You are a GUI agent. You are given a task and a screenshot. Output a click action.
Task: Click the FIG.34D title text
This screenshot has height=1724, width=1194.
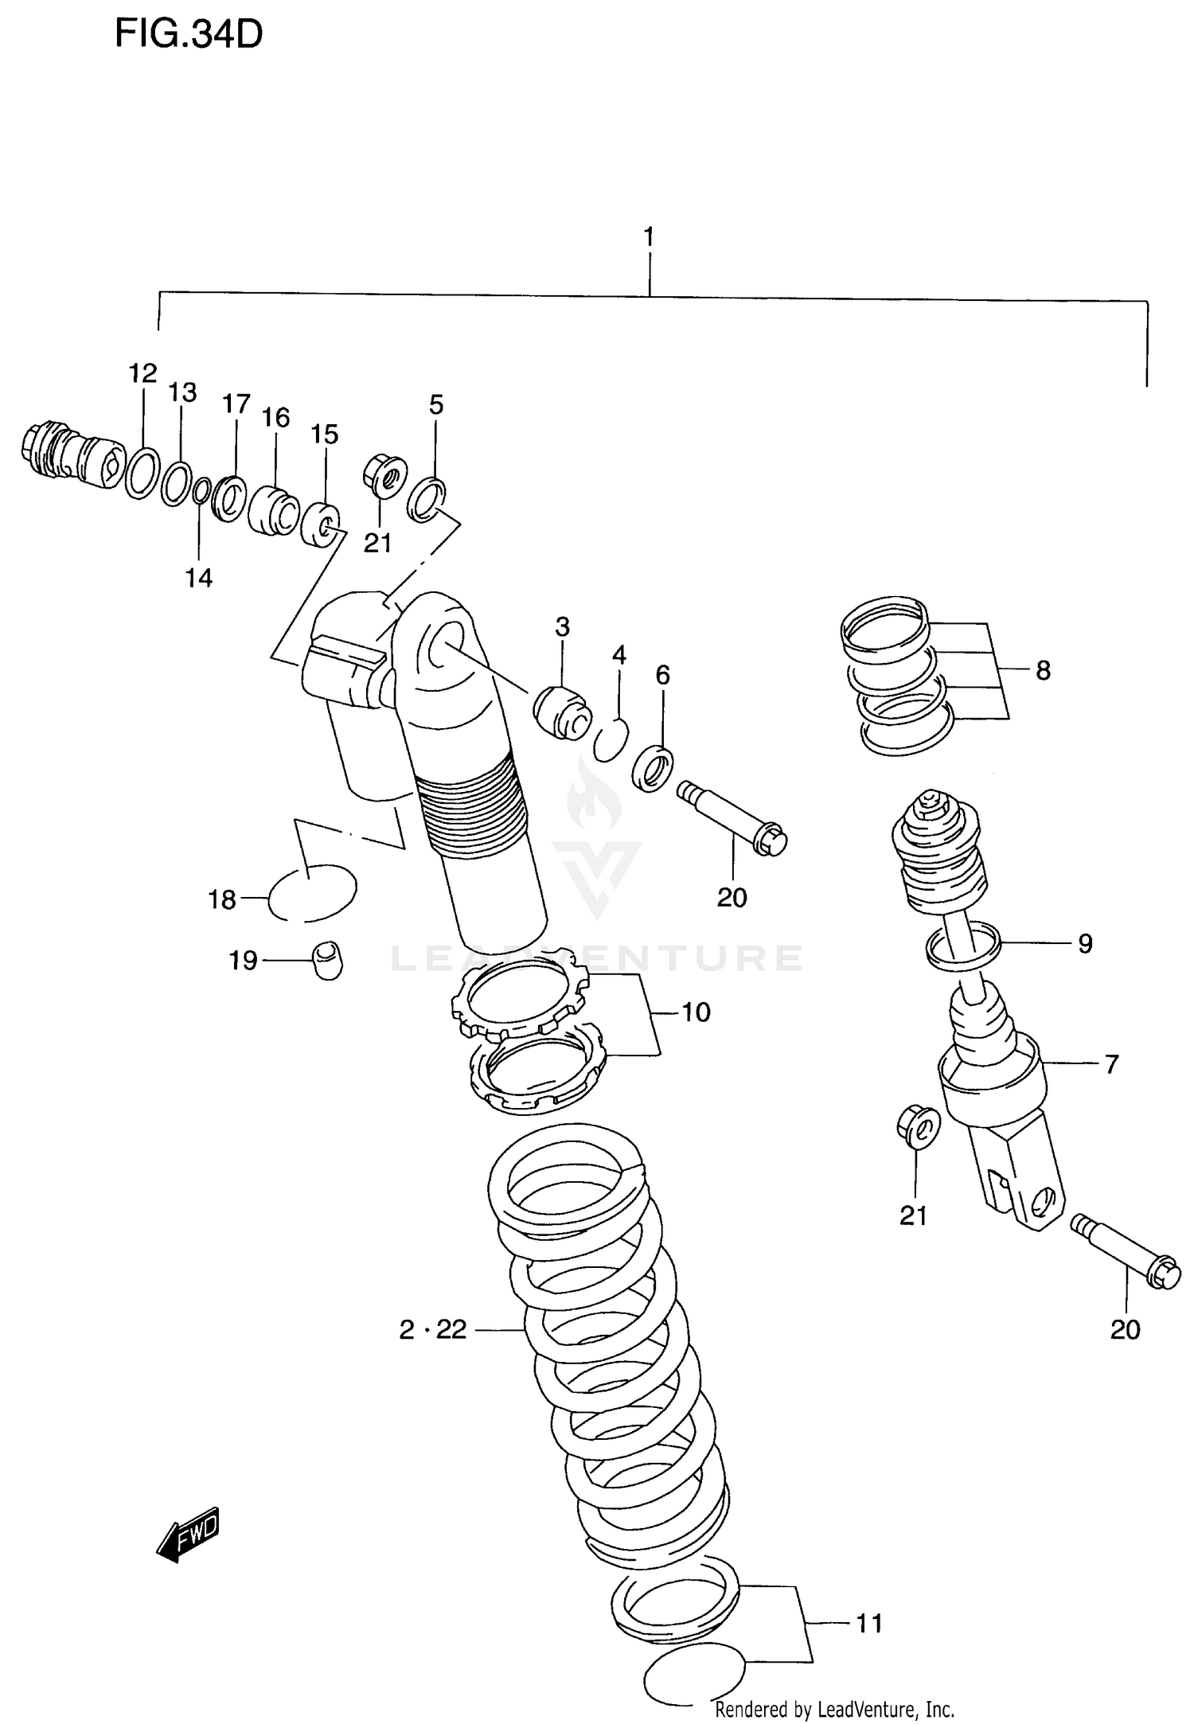pos(189,35)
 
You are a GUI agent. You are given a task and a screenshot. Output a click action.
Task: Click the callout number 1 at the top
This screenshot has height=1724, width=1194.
pos(649,237)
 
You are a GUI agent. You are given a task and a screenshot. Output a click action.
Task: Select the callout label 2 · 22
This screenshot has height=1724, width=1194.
pos(433,1329)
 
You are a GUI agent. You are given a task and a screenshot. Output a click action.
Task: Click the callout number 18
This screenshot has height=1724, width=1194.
pos(222,899)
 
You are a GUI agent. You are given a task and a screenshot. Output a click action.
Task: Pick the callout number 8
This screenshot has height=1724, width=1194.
pos(1043,670)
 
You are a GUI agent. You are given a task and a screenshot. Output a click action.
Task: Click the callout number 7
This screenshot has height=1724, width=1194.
pos(1112,1063)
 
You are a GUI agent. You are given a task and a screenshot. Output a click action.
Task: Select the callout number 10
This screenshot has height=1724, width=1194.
pos(696,1012)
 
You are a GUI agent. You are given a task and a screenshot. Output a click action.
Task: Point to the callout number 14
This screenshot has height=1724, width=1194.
pos(199,578)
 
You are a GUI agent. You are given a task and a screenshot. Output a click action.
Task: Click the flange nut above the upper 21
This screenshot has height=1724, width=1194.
pos(385,476)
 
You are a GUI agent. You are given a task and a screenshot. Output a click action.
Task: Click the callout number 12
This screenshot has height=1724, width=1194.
pos(143,373)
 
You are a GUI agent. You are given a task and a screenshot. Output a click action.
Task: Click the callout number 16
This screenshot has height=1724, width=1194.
pos(275,417)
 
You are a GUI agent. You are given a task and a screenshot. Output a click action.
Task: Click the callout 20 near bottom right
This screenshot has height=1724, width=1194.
pos(1125,1329)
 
